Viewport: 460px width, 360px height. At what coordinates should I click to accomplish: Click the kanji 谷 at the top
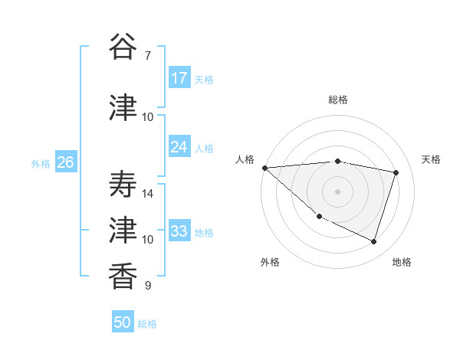click(123, 47)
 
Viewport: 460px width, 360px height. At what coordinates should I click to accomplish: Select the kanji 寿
click(123, 185)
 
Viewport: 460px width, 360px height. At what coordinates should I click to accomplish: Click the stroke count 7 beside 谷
click(147, 56)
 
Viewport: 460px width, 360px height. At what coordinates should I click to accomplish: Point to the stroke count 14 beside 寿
click(148, 194)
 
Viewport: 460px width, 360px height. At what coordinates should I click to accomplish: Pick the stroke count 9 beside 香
click(147, 286)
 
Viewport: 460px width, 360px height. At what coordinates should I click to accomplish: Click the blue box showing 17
click(179, 78)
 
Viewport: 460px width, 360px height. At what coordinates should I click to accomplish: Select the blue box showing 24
click(179, 147)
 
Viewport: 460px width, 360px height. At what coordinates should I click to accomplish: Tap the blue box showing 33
click(179, 231)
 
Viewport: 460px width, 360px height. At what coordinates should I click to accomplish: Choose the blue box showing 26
click(65, 162)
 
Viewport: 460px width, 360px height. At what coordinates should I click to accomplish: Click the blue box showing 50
click(123, 322)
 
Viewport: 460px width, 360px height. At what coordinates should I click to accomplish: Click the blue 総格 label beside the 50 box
click(147, 324)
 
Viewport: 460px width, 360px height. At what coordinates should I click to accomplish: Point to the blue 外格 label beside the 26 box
click(41, 163)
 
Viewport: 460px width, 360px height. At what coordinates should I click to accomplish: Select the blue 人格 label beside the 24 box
click(204, 148)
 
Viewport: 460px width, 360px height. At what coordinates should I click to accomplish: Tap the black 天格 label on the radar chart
click(432, 159)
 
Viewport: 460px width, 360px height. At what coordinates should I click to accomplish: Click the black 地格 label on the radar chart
click(402, 262)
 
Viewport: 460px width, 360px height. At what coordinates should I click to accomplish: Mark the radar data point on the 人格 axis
click(264, 168)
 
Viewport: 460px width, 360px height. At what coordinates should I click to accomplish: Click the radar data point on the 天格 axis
click(396, 172)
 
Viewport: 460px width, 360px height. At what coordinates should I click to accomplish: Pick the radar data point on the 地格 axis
click(373, 241)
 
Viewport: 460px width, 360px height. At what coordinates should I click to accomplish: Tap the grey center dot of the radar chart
click(337, 191)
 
